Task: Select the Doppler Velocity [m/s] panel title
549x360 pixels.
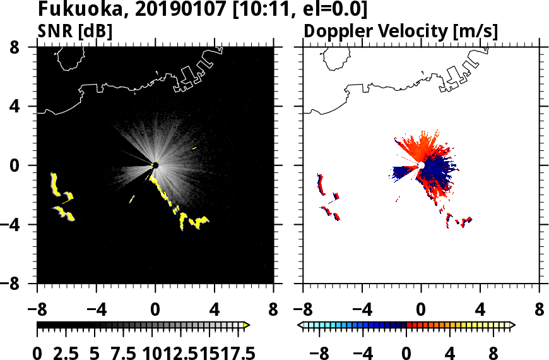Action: pos(401,30)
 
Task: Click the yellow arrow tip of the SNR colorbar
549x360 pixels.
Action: pos(247,325)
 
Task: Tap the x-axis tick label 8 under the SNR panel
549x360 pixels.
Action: pos(273,311)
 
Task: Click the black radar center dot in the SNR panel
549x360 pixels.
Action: pos(155,165)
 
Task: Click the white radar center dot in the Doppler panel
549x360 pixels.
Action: pos(422,165)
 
